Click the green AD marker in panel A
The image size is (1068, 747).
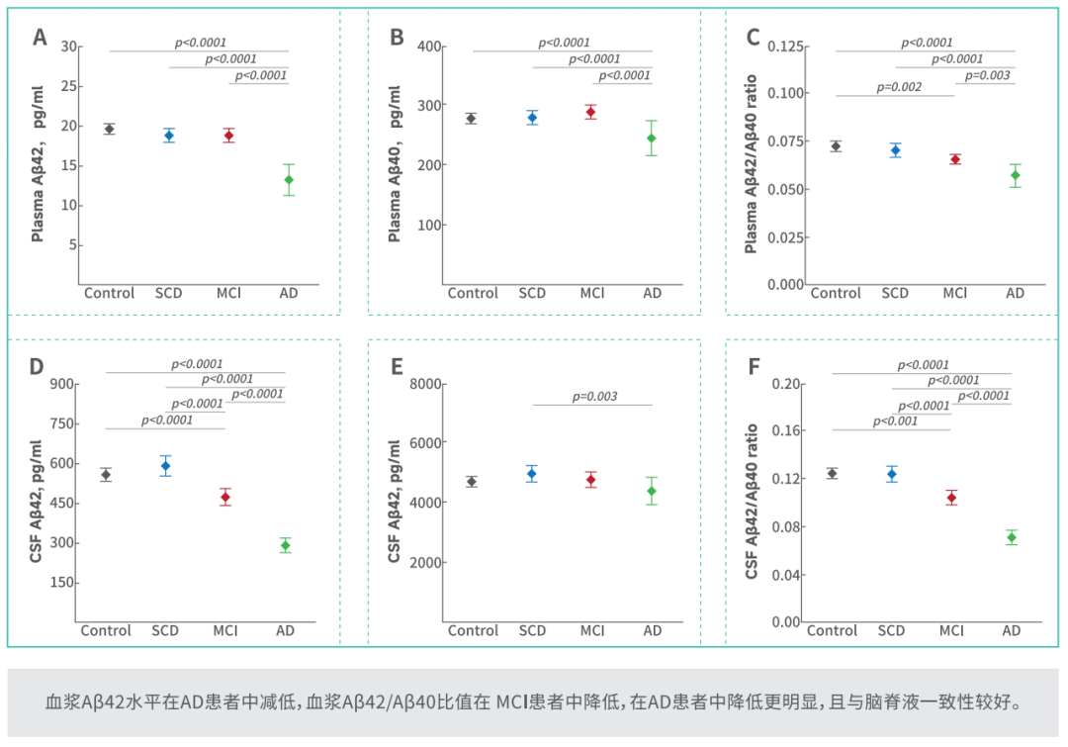tap(289, 180)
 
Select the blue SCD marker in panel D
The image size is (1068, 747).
tap(165, 466)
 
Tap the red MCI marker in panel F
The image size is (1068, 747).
tap(951, 498)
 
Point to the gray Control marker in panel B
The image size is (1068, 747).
tap(471, 119)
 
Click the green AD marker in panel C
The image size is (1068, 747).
tap(1015, 175)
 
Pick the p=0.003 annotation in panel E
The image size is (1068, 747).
tap(594, 396)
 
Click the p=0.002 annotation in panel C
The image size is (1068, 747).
tap(898, 86)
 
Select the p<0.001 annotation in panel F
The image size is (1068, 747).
tap(895, 421)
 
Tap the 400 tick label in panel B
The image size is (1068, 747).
tap(429, 47)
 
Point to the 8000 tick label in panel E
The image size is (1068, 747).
tap(425, 384)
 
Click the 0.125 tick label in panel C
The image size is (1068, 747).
tap(785, 47)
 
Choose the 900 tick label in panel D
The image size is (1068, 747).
tap(62, 384)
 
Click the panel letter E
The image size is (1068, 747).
tap(397, 367)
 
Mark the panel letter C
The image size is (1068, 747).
tap(753, 37)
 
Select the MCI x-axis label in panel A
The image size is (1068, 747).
tap(228, 293)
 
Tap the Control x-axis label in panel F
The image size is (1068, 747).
tap(832, 630)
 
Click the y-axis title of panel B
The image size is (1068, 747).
tap(395, 163)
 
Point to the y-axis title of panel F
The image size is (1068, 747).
tap(752, 502)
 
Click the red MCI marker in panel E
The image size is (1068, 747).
tap(591, 480)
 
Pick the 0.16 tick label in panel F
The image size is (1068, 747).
tap(785, 430)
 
